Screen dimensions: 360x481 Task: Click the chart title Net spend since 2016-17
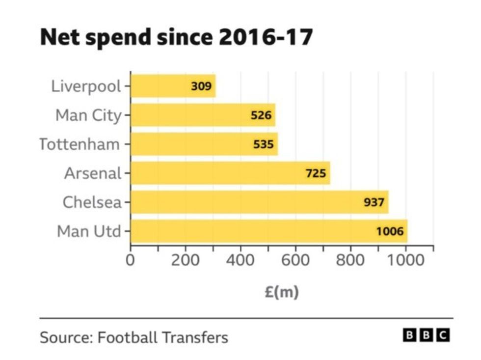pos(176,37)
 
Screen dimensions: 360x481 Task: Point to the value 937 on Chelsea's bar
pos(374,202)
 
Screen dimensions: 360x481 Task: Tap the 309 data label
pos(201,86)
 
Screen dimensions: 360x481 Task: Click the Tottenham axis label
pos(80,144)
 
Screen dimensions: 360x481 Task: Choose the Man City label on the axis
pos(88,115)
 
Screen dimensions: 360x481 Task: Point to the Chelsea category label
pos(92,202)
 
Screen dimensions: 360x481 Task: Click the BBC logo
pos(426,335)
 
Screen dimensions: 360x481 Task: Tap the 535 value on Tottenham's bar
pos(264,144)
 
